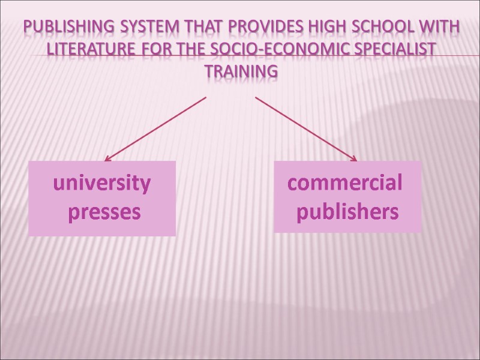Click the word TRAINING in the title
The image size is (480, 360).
click(241, 71)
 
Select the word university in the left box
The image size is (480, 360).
click(103, 183)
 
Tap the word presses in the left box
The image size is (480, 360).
click(104, 212)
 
